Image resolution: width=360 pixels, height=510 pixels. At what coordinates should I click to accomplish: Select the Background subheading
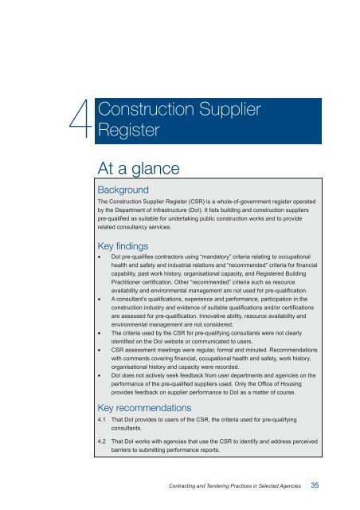point(128,191)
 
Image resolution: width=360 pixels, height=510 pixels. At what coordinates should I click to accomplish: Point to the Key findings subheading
point(131,247)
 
